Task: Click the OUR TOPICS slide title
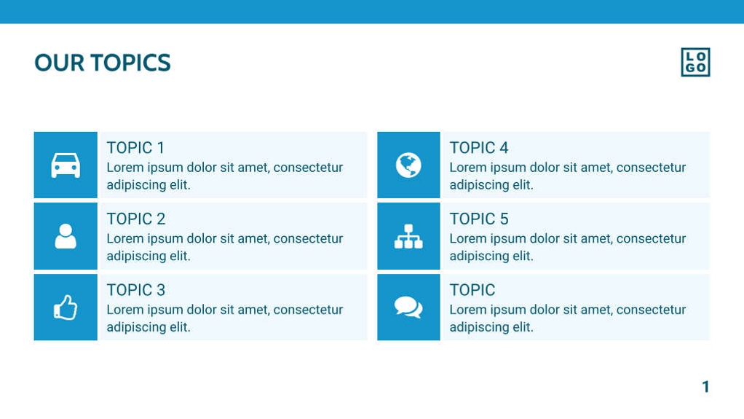point(102,63)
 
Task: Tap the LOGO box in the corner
point(695,63)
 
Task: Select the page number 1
point(705,387)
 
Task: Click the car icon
point(66,165)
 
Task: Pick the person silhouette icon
point(66,236)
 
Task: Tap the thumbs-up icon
point(66,308)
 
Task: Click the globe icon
point(408,165)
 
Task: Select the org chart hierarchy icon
point(408,236)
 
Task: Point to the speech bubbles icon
point(408,308)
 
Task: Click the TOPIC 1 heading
point(135,148)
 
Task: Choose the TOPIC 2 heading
point(135,219)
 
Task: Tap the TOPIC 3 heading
point(135,290)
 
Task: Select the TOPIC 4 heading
point(478,148)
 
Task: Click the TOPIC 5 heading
point(478,219)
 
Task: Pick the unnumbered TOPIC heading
point(472,290)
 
